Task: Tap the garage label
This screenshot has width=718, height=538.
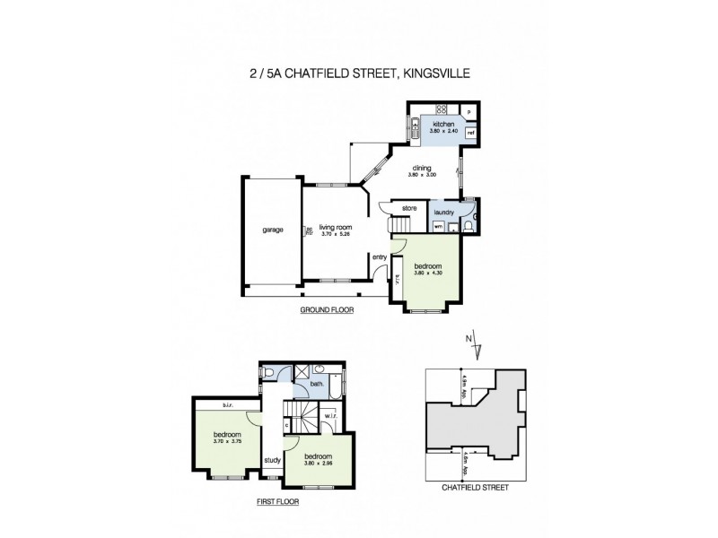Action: point(273,230)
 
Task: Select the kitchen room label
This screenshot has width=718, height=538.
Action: point(445,124)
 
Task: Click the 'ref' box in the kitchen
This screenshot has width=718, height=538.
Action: point(470,133)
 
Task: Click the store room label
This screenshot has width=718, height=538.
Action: point(408,209)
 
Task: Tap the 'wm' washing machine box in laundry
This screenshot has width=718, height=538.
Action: point(438,227)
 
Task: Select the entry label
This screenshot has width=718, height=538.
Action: point(381,257)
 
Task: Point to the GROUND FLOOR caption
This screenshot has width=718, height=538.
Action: point(327,310)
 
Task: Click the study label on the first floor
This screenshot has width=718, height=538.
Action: point(271,462)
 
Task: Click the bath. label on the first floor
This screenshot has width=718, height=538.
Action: point(316,386)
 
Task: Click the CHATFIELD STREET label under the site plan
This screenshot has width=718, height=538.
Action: point(475,488)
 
